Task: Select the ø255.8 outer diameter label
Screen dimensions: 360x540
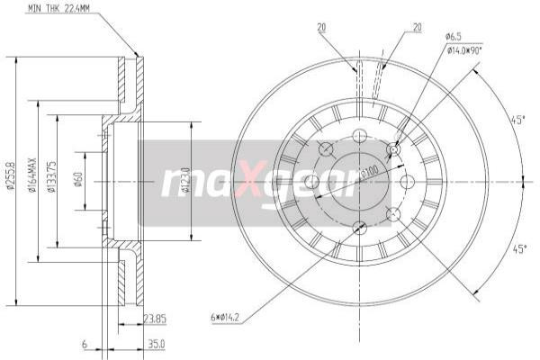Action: coord(10,180)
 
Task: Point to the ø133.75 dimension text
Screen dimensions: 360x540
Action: coord(52,181)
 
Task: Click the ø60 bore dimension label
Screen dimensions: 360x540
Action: coord(79,180)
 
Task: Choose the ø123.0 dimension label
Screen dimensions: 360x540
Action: coord(186,180)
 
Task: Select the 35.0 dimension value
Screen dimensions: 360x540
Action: coord(157,343)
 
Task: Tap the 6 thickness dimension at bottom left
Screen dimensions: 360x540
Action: coord(83,343)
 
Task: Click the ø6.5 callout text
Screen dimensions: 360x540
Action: coord(454,38)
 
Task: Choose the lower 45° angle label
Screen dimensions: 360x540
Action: coord(518,249)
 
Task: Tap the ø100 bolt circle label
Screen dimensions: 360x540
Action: coord(369,170)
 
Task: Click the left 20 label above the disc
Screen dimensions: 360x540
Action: coord(320,28)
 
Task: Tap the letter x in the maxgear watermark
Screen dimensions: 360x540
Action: coord(211,183)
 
